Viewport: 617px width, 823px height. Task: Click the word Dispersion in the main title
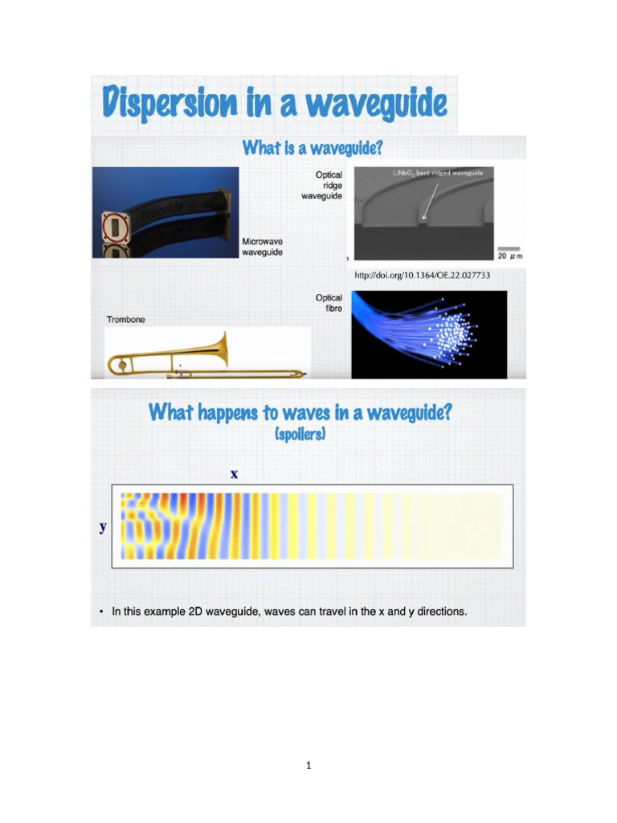169,104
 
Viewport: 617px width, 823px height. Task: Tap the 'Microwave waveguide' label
263,247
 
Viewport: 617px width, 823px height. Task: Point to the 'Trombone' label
126,320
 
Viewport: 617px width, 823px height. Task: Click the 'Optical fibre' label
329,303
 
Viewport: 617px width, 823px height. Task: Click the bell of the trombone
219,350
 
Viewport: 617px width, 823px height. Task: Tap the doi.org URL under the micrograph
422,275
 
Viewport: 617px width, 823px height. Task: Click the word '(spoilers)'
300,435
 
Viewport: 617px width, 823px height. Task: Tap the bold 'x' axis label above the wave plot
235,474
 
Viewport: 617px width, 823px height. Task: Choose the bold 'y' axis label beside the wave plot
103,527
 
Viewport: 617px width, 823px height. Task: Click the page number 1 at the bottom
308,766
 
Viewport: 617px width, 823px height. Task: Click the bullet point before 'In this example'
101,612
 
